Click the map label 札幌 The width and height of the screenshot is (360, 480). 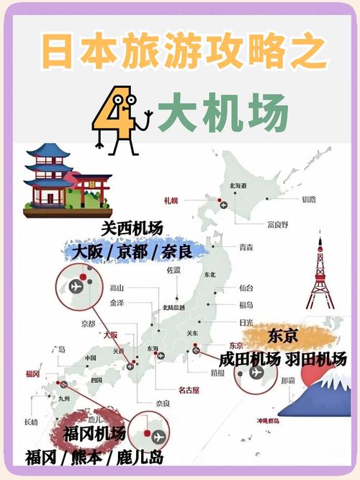(171, 200)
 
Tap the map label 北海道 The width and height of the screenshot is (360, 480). (238, 186)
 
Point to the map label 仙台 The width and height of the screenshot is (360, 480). (246, 288)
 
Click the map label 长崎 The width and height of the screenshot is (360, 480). (31, 422)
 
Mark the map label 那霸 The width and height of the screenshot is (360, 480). (287, 380)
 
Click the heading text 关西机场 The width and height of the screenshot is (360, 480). (132, 229)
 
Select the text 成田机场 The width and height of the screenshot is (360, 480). (248, 359)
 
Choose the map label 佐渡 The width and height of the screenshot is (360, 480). (173, 270)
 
